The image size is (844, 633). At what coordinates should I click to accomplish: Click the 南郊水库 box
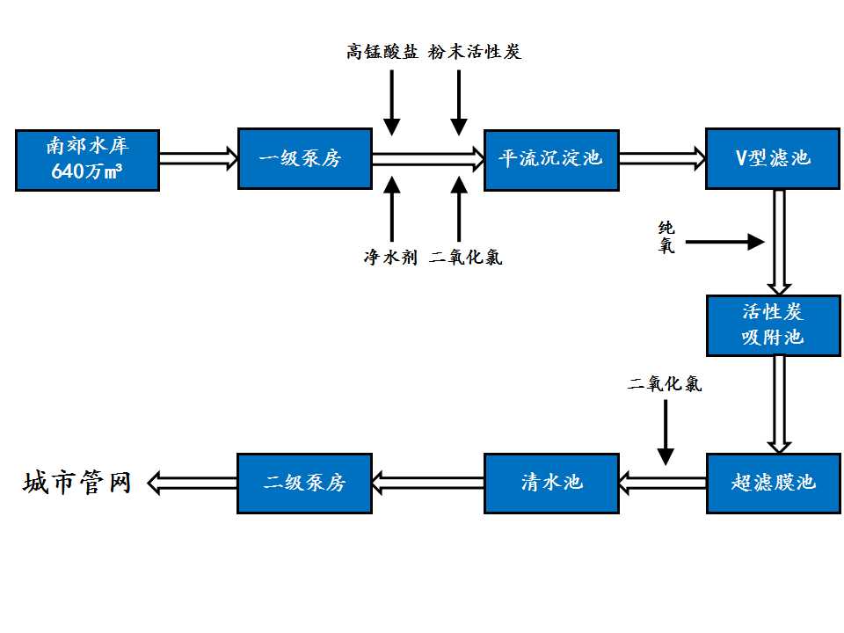pos(87,159)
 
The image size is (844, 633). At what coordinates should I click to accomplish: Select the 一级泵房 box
pos(304,158)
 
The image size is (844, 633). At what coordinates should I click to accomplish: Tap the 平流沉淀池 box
pos(551,159)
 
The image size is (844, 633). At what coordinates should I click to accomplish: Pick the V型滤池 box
pos(773,159)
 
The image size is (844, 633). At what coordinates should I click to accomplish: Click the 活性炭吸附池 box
pos(773,325)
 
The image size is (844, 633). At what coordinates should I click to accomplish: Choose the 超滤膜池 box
pos(773,483)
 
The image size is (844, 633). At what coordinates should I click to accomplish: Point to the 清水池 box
pos(551,483)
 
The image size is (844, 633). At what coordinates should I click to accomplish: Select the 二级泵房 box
pos(304,483)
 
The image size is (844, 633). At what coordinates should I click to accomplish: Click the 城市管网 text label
pos(77,483)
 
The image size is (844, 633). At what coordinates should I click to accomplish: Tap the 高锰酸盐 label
pos(382,52)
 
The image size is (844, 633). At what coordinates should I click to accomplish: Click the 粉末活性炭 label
pos(476,52)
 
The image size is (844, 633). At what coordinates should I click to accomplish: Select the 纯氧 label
pos(667,237)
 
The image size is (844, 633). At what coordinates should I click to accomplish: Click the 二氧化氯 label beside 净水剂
pos(466,258)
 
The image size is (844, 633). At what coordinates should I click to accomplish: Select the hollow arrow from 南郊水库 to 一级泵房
pos(199,159)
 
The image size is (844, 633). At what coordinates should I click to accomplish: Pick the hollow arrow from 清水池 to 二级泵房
pos(427,482)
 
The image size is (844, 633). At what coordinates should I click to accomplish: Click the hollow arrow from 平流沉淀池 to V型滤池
pos(662,159)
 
